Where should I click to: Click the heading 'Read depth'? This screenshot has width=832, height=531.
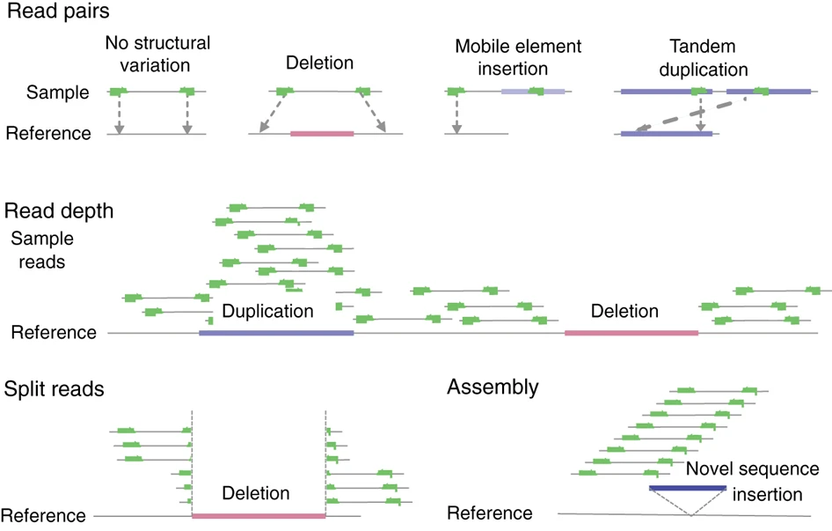point(58,211)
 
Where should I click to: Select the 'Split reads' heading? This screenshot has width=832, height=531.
point(55,389)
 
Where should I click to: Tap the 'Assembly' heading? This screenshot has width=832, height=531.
point(493,387)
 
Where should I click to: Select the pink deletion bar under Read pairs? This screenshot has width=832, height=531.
point(322,134)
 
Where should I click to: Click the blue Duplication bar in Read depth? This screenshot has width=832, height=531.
point(276,333)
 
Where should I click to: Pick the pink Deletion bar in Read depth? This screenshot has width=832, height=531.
point(631,333)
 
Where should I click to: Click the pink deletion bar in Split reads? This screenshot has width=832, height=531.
point(259,515)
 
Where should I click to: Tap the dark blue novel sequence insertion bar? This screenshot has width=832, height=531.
point(687,486)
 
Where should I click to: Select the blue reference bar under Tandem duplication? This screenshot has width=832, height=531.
point(666,134)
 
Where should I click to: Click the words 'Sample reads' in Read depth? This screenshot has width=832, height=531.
point(42,250)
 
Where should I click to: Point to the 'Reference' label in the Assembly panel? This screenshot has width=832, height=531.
point(490,513)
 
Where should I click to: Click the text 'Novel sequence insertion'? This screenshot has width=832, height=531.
point(752,480)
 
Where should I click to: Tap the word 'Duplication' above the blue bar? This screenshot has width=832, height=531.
point(267,312)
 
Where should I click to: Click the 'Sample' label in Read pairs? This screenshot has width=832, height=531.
point(59,92)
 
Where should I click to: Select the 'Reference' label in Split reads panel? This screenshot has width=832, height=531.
point(45,515)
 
